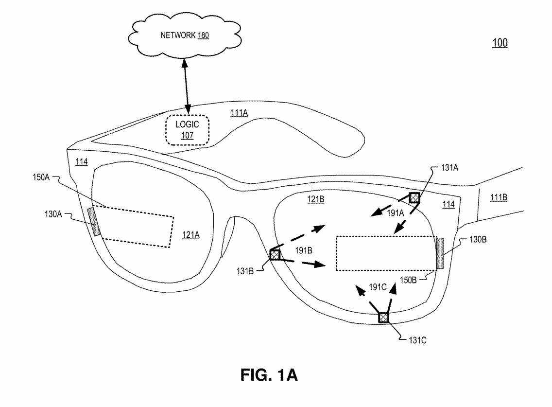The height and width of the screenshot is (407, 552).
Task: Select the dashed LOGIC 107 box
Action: (x=187, y=130)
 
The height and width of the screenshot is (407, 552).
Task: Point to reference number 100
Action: (x=500, y=43)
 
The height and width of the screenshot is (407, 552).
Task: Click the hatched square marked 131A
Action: (x=414, y=197)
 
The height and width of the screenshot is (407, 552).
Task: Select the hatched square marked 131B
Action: (x=276, y=254)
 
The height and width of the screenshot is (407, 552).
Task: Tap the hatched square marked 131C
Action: (x=384, y=318)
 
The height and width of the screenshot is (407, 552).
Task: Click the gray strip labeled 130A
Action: (x=95, y=222)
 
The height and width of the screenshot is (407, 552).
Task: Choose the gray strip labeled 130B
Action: (x=441, y=253)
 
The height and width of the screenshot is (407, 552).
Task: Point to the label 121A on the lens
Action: (x=191, y=235)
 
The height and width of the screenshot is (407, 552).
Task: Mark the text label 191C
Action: (x=377, y=287)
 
